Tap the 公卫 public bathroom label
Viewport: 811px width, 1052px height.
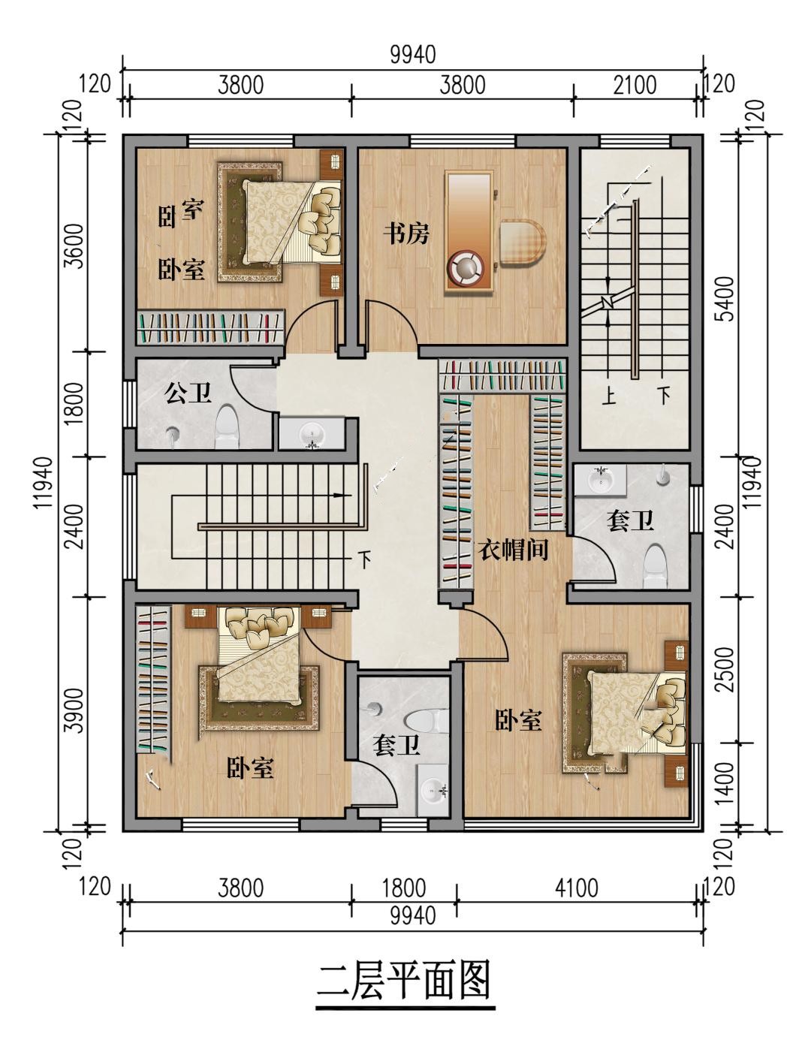(x=188, y=393)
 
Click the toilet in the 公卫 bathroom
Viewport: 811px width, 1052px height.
(x=227, y=424)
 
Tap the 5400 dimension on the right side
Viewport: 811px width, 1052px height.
(x=726, y=299)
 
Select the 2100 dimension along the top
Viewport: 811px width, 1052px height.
(x=635, y=85)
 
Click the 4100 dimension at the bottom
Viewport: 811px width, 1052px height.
(x=576, y=888)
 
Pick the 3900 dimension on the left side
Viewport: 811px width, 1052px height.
(x=75, y=710)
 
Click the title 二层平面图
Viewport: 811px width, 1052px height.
(x=405, y=980)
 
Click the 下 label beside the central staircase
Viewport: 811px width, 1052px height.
(x=364, y=559)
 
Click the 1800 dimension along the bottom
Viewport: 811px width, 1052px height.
(x=404, y=888)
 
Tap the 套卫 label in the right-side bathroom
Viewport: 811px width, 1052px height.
(x=630, y=521)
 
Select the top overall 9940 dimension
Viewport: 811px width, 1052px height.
(x=413, y=55)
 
